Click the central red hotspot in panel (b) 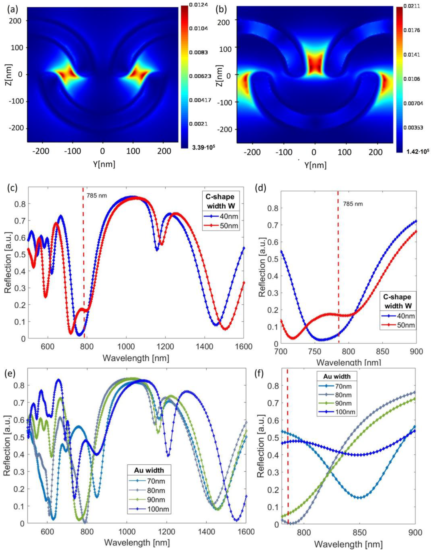point(314,64)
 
